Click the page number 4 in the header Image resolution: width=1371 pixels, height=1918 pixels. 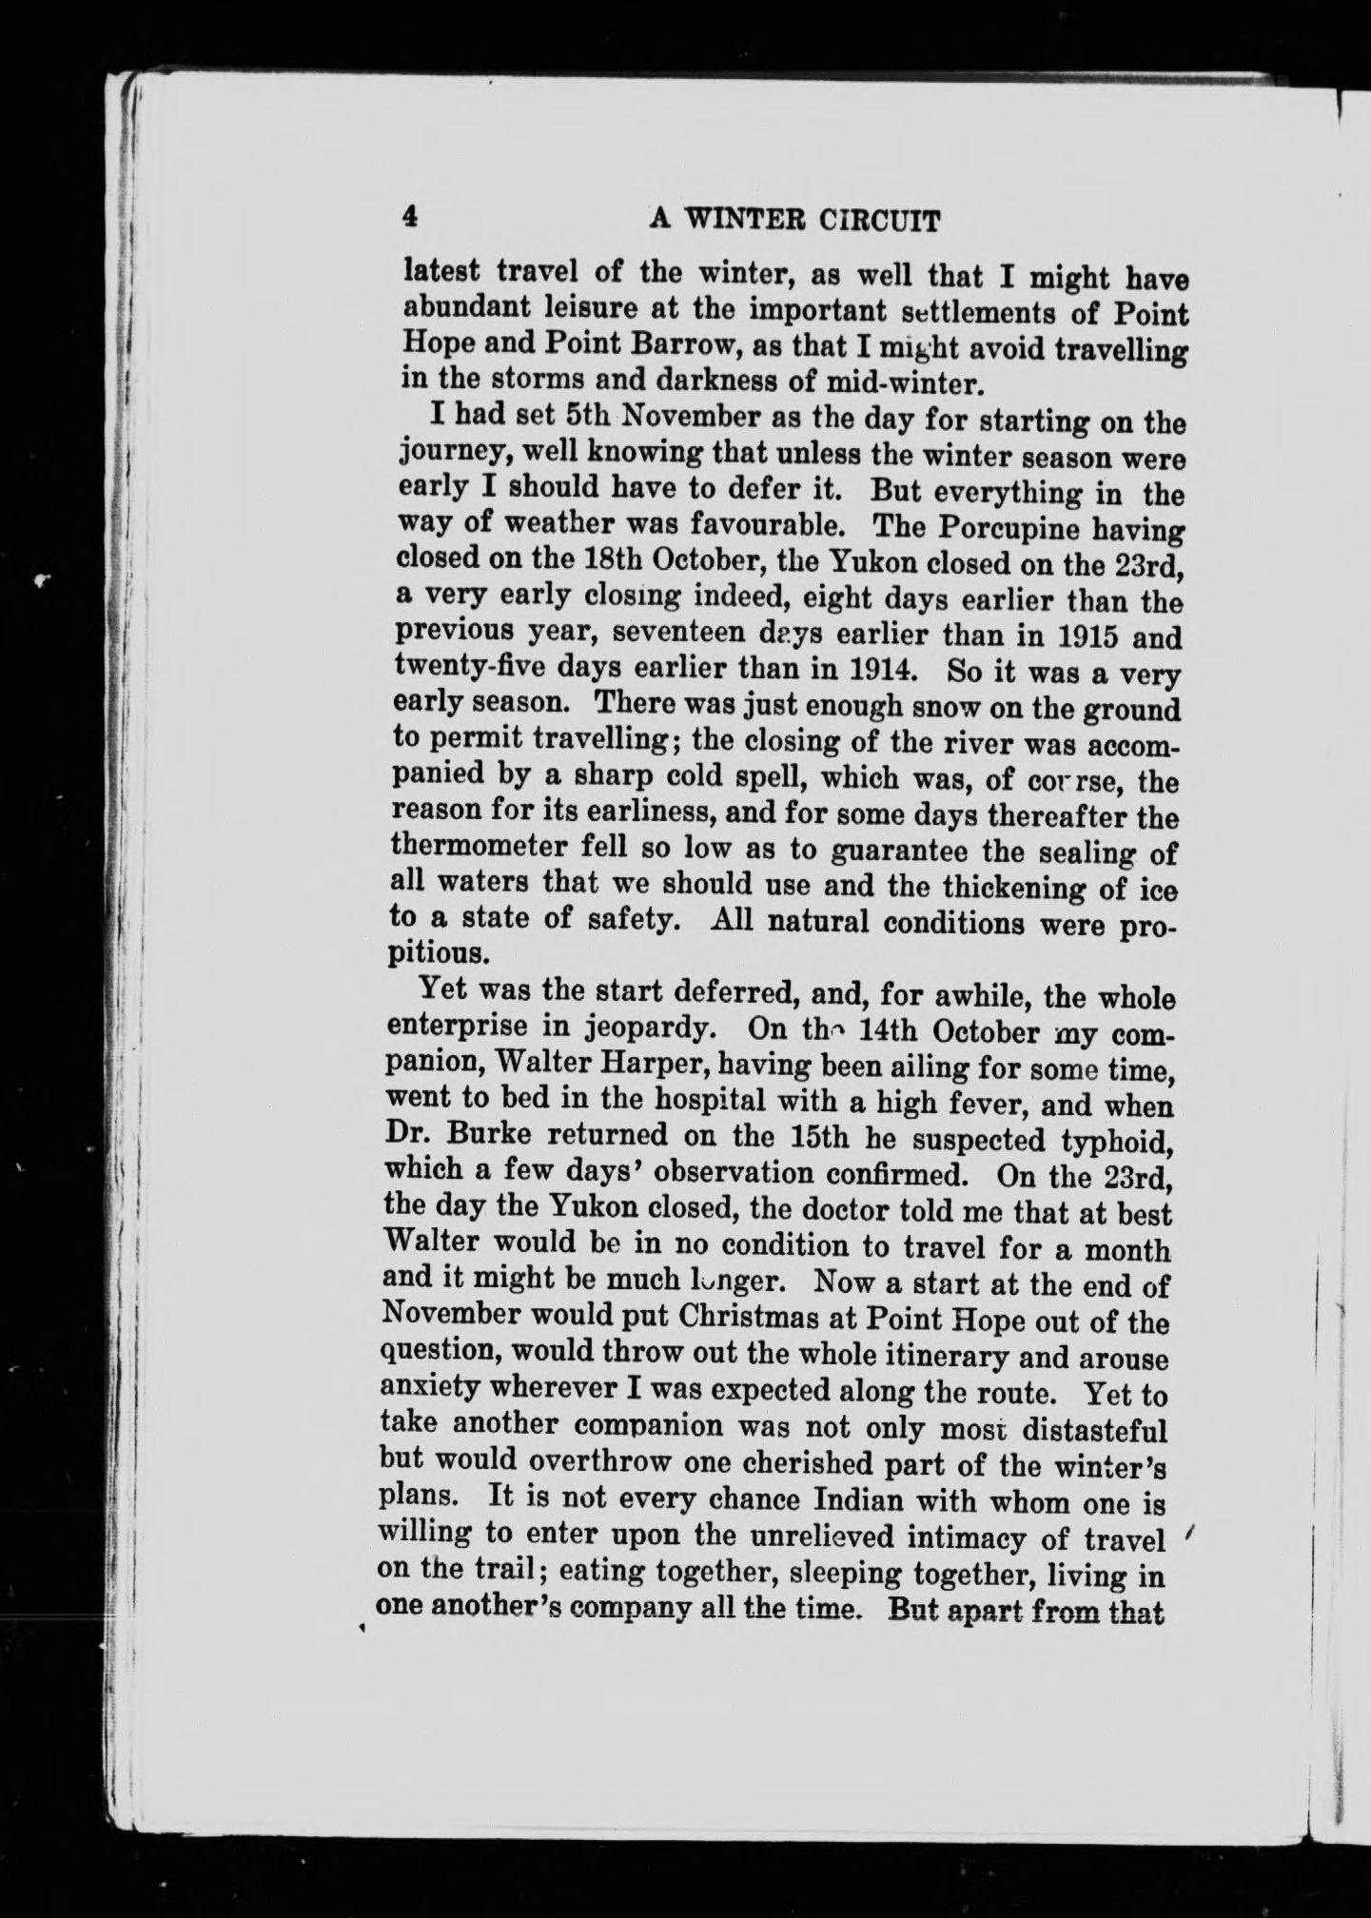click(410, 216)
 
